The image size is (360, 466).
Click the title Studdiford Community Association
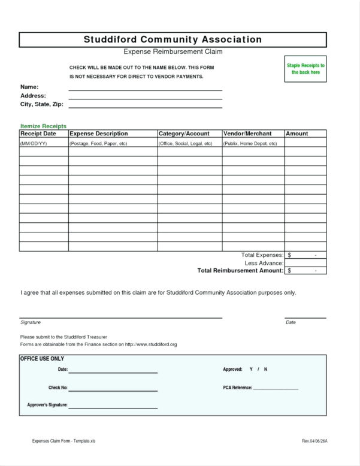coord(173,40)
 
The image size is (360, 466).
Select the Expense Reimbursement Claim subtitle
coord(173,52)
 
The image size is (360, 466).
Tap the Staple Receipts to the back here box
coord(305,69)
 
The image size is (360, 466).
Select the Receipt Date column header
coord(38,134)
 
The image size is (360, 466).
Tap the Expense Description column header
coord(99,134)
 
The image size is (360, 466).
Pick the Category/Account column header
coord(184,134)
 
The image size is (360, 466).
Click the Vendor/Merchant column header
coord(247,134)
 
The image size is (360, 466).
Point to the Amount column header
coord(297,134)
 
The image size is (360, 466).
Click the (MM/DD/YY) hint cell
coord(34,144)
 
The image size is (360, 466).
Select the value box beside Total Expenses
coord(305,255)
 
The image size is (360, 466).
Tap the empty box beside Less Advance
coord(305,263)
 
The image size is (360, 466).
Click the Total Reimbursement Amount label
coord(240,271)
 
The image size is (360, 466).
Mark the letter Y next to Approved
coord(251,370)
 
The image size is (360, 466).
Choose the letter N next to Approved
coord(265,370)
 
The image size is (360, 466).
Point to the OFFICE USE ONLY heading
coord(42,359)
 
